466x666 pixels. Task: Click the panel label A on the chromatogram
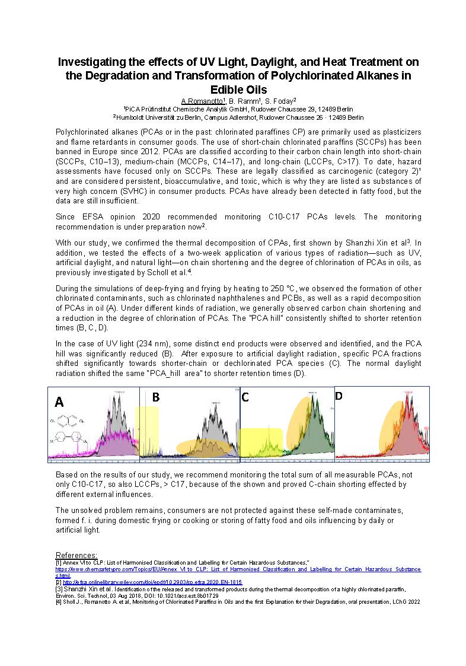point(59,402)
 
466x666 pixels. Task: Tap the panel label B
point(156,397)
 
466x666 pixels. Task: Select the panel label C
point(245,397)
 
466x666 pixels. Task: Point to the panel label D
point(339,396)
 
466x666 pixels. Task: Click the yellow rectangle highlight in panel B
point(147,430)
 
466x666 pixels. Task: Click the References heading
point(76,555)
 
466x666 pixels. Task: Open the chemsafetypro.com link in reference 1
point(237,569)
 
